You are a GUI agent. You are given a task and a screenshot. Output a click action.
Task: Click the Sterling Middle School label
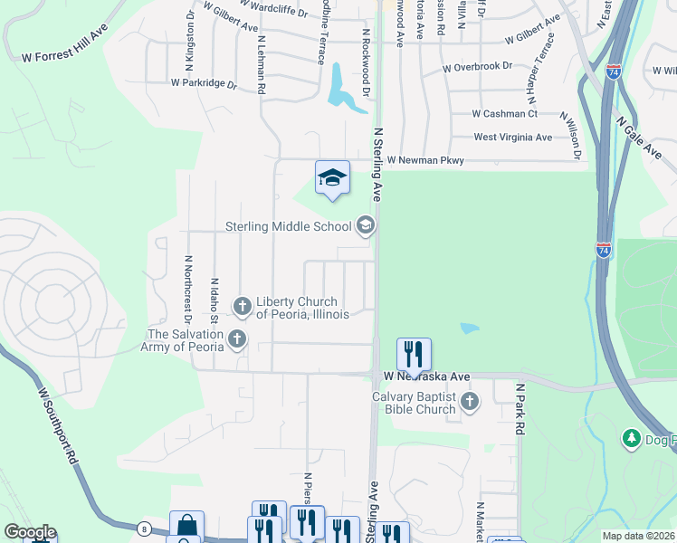288,226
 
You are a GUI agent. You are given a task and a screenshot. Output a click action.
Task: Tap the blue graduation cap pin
332,177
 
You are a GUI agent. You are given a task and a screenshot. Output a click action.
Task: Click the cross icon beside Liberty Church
243,308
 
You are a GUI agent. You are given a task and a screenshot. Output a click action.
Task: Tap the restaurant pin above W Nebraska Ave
414,355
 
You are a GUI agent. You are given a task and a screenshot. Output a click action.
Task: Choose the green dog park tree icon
632,439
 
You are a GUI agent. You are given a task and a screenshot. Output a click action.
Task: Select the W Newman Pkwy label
425,160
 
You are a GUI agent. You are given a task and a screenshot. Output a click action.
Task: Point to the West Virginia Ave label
513,138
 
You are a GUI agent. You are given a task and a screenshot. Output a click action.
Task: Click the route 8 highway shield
144,528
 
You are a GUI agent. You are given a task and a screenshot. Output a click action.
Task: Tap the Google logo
29,532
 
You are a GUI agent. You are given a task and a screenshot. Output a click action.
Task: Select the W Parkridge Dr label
204,83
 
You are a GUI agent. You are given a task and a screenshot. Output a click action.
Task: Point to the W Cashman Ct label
505,113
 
